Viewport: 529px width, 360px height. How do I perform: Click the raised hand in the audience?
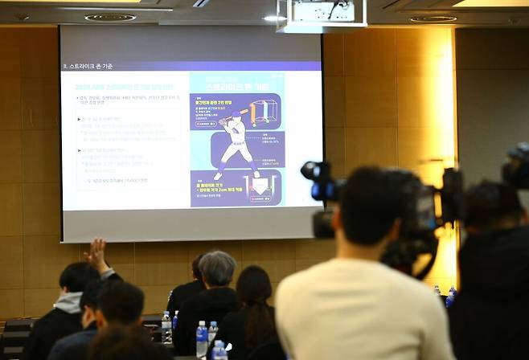(x=97, y=255)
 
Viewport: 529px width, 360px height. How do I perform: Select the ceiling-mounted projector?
(x=322, y=14)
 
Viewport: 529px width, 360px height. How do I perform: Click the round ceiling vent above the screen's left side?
(x=110, y=17)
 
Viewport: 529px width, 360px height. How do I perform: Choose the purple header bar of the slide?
(x=191, y=65)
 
